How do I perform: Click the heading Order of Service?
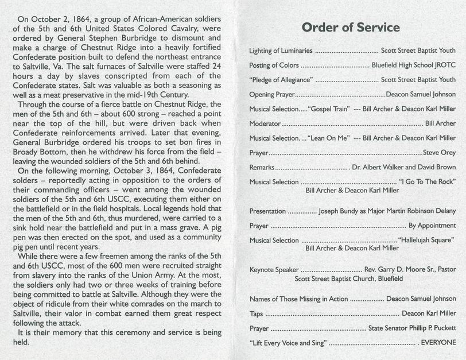click(x=351, y=28)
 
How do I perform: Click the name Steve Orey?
click(x=439, y=153)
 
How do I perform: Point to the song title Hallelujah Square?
click(x=425, y=240)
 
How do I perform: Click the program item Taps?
click(x=256, y=313)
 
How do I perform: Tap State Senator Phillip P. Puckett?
click(x=411, y=328)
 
